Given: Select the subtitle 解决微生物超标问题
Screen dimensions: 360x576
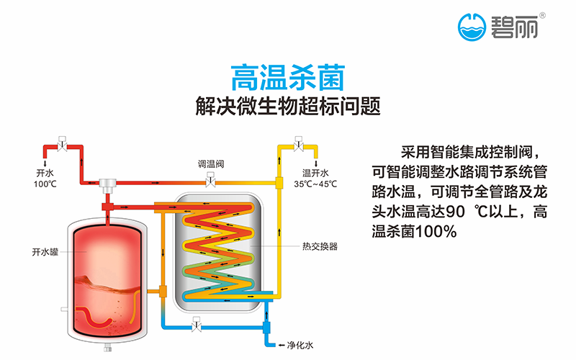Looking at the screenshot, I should [x=287, y=106].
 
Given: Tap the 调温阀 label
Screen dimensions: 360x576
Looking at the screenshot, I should [x=211, y=164].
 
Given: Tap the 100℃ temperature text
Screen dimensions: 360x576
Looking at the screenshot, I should [x=44, y=184].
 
